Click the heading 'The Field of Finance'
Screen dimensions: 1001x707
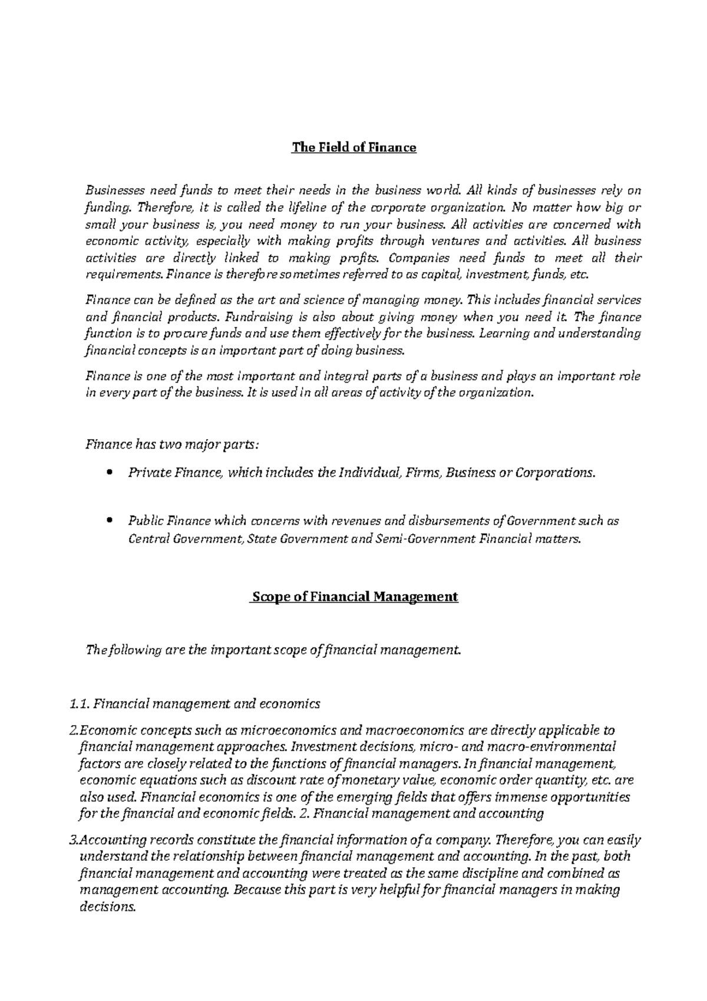click(354, 147)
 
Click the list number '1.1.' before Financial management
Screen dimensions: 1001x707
click(79, 703)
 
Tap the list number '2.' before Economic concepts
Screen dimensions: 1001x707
click(74, 731)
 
